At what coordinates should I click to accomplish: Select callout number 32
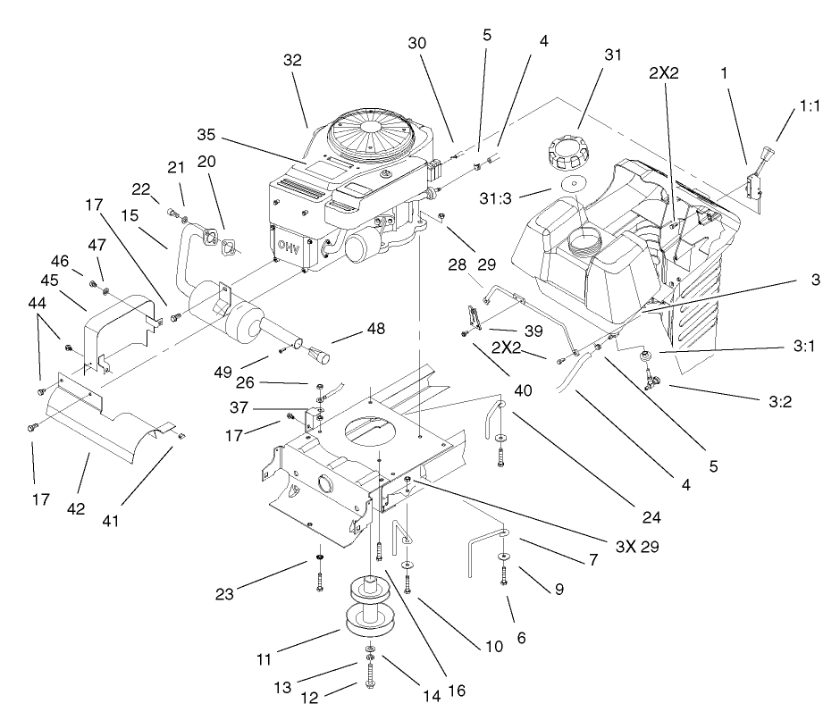pyautogui.click(x=292, y=61)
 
